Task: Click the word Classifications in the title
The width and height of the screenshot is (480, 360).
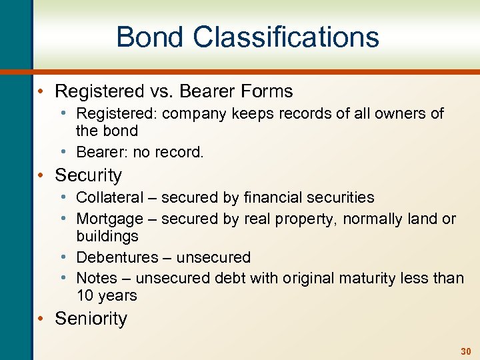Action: pos(286,37)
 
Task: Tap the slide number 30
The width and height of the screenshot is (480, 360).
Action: pos(465,351)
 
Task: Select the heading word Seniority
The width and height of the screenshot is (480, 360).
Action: pos(91,319)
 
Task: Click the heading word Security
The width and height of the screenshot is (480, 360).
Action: pos(89,175)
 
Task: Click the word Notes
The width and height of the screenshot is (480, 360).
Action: pos(97,277)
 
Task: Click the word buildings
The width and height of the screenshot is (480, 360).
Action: pos(107,236)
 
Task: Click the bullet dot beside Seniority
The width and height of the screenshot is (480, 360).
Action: pos(41,319)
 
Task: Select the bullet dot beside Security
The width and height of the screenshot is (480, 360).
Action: pos(41,175)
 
